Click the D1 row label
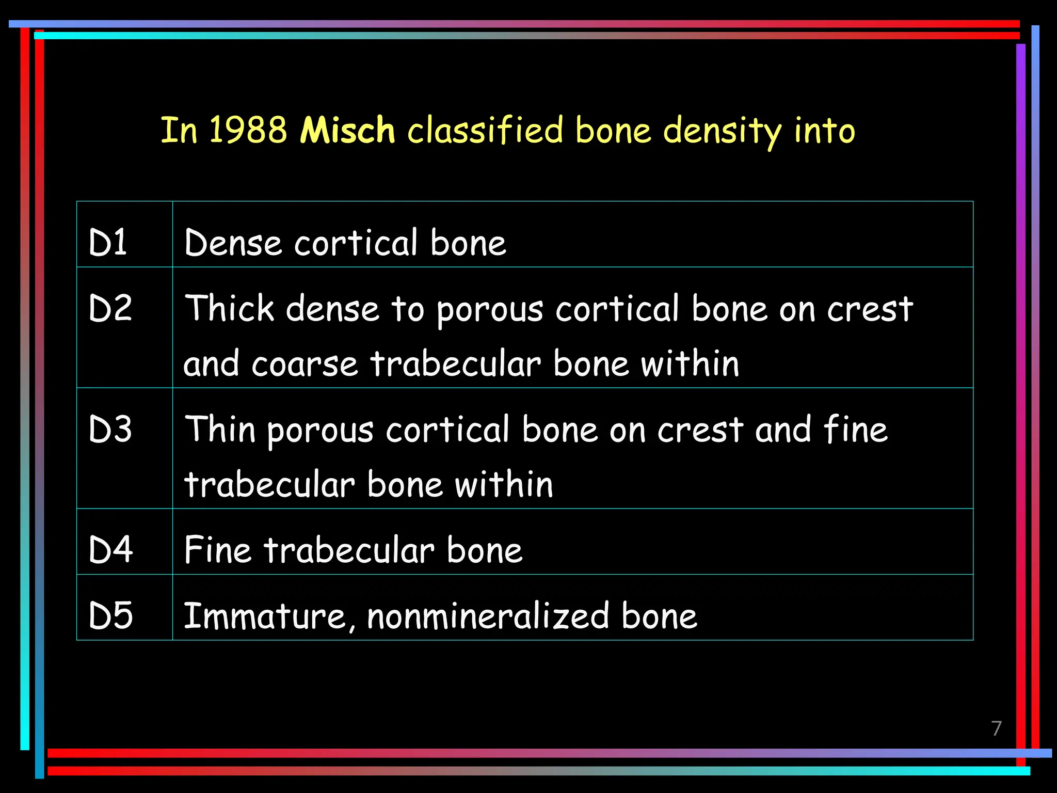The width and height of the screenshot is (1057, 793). (108, 242)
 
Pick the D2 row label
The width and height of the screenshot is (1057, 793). (110, 308)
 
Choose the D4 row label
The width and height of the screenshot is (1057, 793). (110, 549)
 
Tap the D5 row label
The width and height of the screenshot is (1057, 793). (110, 615)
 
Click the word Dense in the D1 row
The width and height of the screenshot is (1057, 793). (233, 242)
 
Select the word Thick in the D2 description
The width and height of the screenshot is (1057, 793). (229, 308)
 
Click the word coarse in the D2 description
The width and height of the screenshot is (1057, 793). (305, 364)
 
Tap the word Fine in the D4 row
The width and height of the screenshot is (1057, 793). (217, 549)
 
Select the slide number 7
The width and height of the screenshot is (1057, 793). (997, 728)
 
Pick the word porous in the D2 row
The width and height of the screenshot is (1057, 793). (490, 310)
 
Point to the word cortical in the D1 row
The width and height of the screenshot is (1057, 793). (356, 242)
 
